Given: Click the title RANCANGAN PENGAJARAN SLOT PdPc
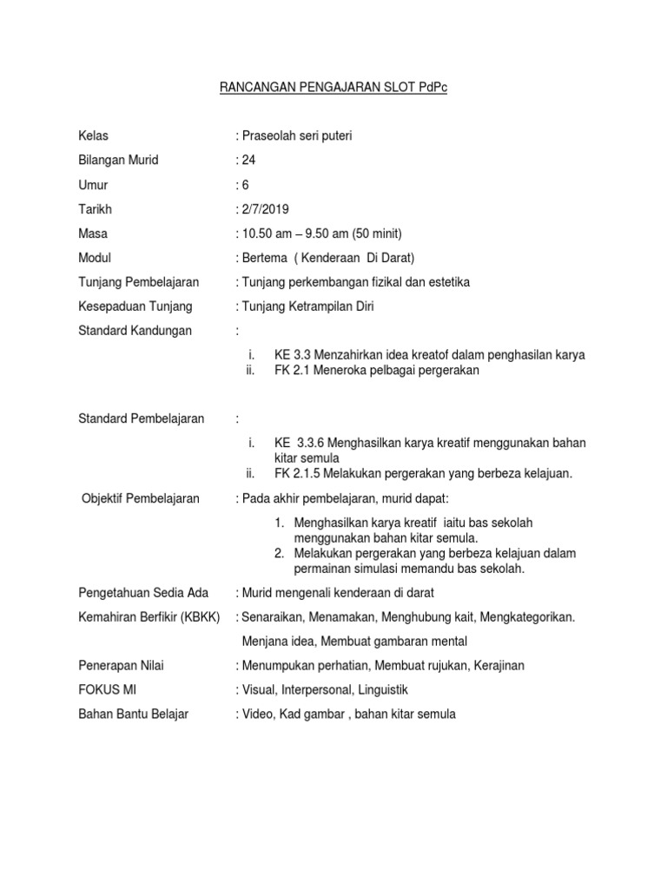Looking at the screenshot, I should [x=333, y=89].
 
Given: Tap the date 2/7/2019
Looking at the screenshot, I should [x=264, y=209].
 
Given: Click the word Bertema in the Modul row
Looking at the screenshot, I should [x=263, y=258].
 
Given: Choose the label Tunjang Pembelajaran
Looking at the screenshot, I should [x=138, y=282].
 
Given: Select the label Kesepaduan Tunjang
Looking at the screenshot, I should [x=135, y=306].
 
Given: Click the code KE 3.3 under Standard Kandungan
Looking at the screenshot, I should [x=292, y=354].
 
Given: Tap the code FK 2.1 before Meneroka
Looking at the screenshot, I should [x=292, y=371].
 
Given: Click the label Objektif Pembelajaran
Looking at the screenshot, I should [x=140, y=497].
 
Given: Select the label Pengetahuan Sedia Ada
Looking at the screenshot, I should [x=142, y=593].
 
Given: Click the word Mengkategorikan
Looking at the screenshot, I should [x=526, y=617].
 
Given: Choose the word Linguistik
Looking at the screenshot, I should [x=376, y=690].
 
